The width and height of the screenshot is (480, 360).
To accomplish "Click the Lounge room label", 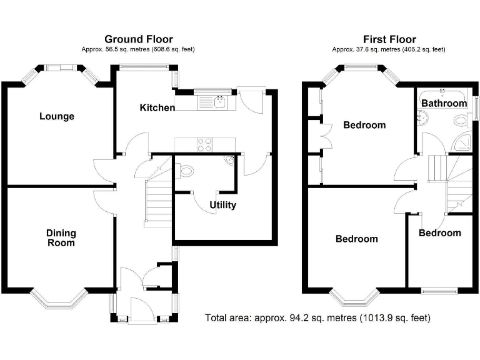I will point(57,116).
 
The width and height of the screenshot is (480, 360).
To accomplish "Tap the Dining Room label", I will point(61,237).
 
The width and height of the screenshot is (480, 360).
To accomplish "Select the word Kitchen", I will point(157,107).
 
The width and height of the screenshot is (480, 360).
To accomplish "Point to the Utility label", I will point(222,205).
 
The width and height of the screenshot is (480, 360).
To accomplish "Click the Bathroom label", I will point(444,103).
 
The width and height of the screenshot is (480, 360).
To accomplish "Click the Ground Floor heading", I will point(138,39).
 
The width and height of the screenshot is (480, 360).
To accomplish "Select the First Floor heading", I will point(389,39).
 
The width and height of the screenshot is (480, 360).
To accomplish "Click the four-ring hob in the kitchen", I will point(205,144).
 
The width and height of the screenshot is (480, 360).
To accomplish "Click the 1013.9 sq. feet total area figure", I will point(393,318).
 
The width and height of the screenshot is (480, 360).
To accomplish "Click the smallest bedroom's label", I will point(439,233).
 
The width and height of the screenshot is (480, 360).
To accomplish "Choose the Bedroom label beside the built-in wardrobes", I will point(364,125).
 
